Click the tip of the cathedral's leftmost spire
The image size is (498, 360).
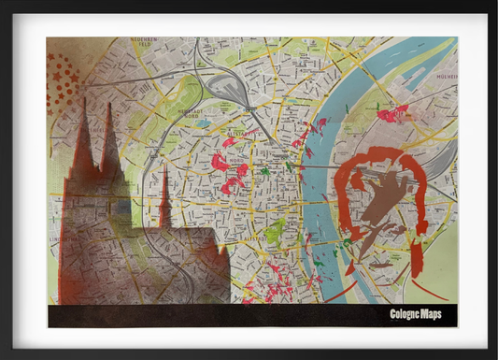pyautogui.click(x=81, y=99)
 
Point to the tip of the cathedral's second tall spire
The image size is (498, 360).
pyautogui.click(x=109, y=104)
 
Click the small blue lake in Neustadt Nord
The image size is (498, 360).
pyautogui.click(x=203, y=122)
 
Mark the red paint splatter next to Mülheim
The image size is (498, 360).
pyautogui.click(x=392, y=114)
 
